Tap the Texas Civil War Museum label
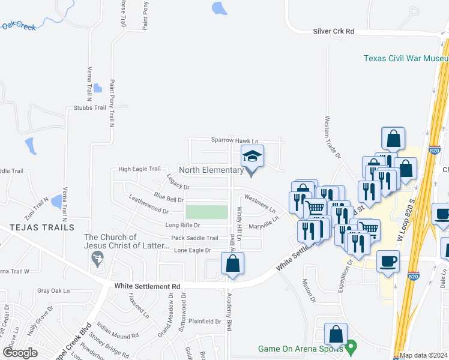click(x=406, y=58)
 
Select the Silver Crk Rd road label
click(x=334, y=31)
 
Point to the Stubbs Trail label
click(x=89, y=108)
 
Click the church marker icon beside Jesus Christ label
click(x=95, y=258)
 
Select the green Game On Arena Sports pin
click(x=352, y=346)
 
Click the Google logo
click(x=20, y=353)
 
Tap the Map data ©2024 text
click(x=424, y=355)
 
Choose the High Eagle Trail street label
click(x=140, y=169)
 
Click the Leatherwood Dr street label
click(x=148, y=206)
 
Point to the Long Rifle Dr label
click(x=183, y=225)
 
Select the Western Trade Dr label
click(x=332, y=137)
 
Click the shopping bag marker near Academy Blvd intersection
click(x=232, y=264)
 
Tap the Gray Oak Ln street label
click(x=53, y=290)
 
